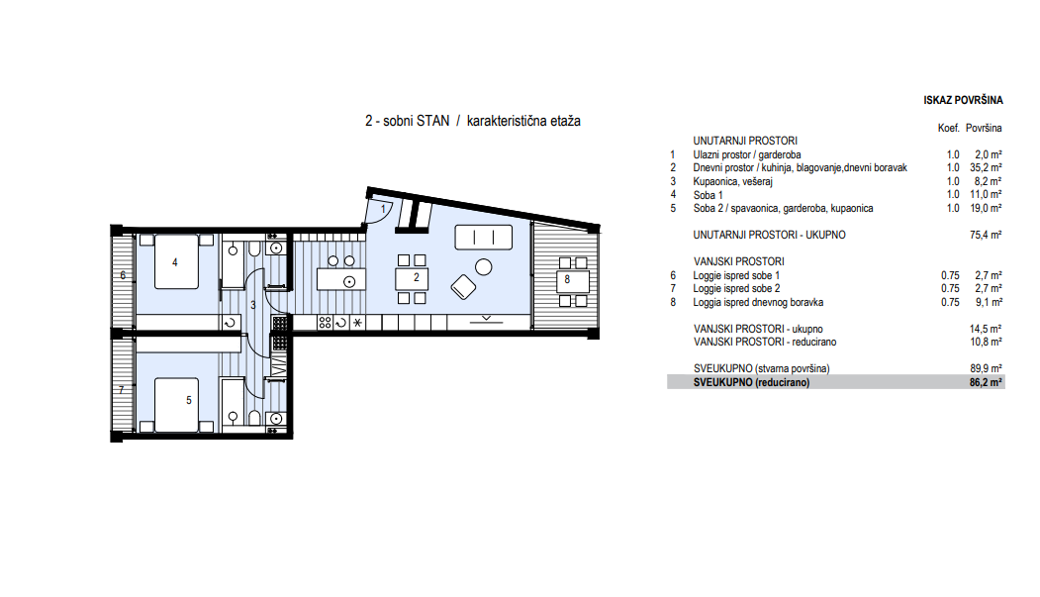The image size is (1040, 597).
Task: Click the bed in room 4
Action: tap(176, 261)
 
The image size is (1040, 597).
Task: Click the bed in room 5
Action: tap(176, 405)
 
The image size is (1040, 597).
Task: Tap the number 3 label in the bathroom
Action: tap(252, 305)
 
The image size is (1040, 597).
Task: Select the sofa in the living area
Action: tap(484, 237)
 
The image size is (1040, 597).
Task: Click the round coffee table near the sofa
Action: tap(484, 266)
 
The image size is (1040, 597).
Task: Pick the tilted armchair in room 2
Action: tap(463, 286)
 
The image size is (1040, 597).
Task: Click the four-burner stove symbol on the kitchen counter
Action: tap(325, 323)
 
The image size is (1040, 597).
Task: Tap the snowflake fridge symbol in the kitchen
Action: tap(357, 323)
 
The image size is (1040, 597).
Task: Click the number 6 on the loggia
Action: tap(123, 275)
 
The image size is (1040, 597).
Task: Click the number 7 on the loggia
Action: tap(122, 390)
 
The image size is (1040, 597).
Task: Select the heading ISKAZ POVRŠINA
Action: tap(963, 100)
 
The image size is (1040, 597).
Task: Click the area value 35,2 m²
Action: tap(986, 168)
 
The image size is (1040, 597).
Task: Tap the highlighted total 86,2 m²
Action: tap(986, 382)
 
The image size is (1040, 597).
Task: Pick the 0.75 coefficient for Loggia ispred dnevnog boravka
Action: tap(950, 302)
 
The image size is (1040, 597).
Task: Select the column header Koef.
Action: tap(949, 128)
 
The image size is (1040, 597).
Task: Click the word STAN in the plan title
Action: tap(433, 121)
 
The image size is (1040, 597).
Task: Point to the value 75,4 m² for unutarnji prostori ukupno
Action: tap(986, 235)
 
